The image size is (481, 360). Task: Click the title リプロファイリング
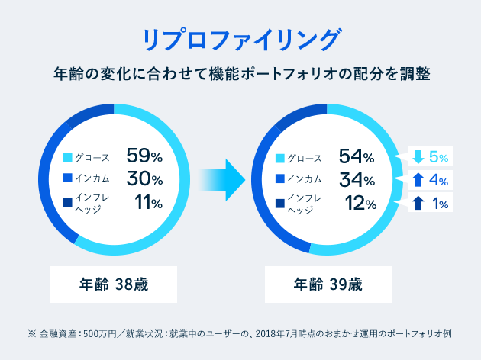pos(240,39)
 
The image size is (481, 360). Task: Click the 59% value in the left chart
pos(145,157)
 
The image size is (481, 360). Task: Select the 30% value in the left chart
pos(145,180)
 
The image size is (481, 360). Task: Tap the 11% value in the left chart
pos(148,203)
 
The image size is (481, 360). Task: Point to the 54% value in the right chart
pos(356,157)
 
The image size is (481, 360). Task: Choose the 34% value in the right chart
pos(356,180)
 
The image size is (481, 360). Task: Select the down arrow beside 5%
pos(418,157)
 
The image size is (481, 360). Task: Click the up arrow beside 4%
pos(418,181)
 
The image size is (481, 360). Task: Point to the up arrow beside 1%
pos(418,204)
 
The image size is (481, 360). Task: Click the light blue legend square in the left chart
pos(67,158)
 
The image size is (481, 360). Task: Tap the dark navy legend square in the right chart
pos(279,204)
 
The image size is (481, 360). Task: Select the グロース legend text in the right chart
pos(305,158)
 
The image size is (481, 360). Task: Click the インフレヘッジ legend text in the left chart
pos(94,204)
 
